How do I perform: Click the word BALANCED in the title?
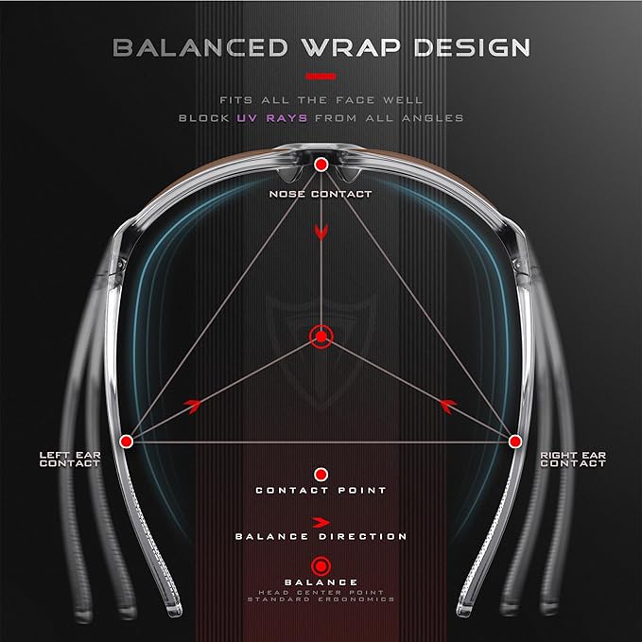click(x=200, y=47)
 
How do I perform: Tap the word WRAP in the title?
click(x=351, y=47)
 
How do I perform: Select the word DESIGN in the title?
click(x=472, y=47)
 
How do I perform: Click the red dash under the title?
click(x=321, y=77)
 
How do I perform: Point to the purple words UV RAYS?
click(x=272, y=118)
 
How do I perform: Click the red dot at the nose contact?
click(x=321, y=165)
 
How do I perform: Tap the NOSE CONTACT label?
click(x=321, y=194)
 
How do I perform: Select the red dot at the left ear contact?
click(x=126, y=442)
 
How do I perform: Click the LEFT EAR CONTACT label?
click(x=70, y=460)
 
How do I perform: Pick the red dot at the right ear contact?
click(x=515, y=442)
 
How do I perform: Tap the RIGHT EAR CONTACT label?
click(x=573, y=460)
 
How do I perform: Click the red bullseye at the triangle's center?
click(x=321, y=337)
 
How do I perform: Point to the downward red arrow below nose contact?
click(x=321, y=233)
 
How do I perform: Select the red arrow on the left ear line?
click(x=193, y=406)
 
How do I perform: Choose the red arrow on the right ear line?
click(x=448, y=406)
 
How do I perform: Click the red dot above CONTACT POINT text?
click(x=321, y=475)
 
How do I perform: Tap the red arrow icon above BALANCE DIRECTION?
click(x=321, y=523)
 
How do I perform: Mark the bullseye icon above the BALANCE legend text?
click(x=321, y=566)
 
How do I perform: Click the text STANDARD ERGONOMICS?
click(x=321, y=599)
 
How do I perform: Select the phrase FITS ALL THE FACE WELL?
click(x=321, y=100)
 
